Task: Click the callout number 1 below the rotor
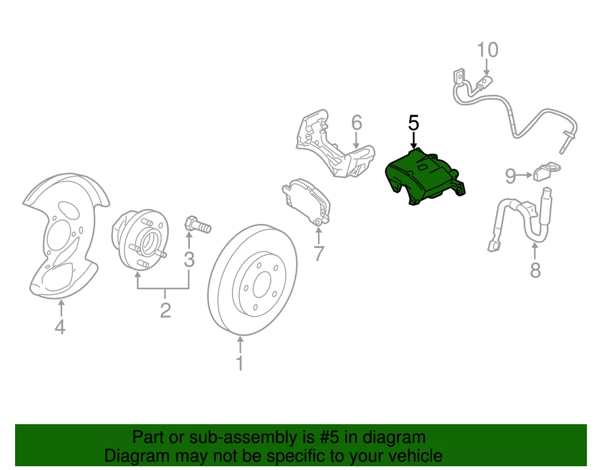coord(240,363)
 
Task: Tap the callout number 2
coord(165,309)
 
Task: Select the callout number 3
coord(189,259)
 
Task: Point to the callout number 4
coord(60,327)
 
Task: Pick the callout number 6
coord(356,122)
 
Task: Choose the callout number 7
coord(319,254)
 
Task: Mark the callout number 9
coord(510,176)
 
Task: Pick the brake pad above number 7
coord(305,200)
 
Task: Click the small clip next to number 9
coord(546,170)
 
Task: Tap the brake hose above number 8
coord(520,220)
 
